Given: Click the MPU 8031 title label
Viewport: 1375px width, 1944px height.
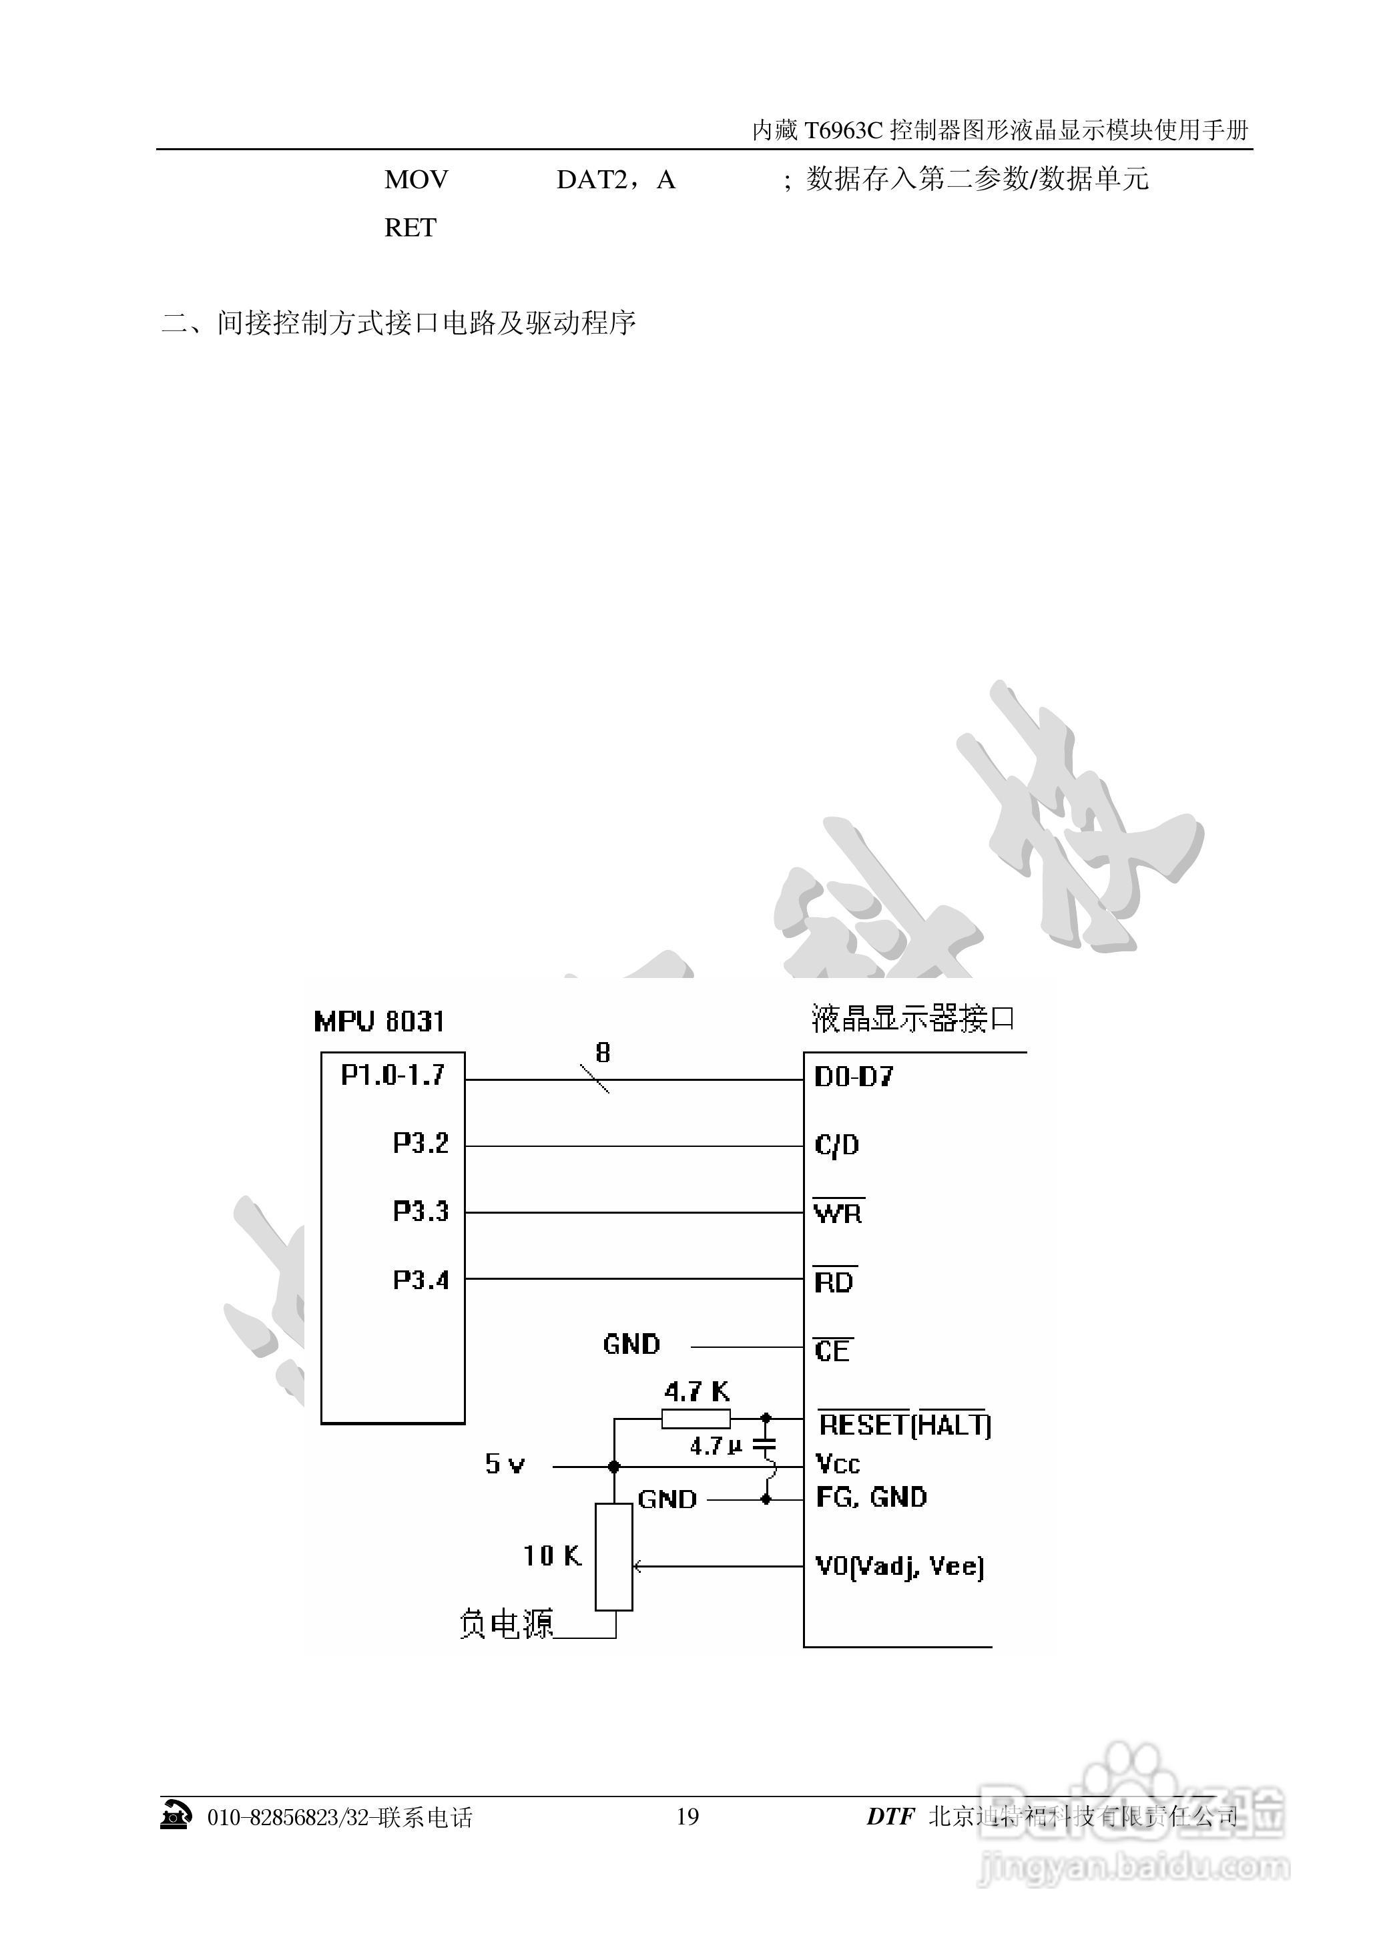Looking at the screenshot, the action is click(378, 1021).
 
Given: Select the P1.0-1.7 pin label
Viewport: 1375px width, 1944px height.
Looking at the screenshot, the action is click(392, 1075).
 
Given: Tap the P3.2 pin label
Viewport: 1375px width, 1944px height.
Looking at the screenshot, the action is click(420, 1143).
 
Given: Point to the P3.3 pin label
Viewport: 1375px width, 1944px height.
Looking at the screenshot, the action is click(420, 1212).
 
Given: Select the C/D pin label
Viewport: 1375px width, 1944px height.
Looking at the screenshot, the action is click(836, 1146).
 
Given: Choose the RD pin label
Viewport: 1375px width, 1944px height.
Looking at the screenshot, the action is click(834, 1282).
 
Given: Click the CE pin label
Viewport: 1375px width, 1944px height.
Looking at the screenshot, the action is click(832, 1351).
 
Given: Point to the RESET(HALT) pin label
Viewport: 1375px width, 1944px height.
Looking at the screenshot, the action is click(904, 1425).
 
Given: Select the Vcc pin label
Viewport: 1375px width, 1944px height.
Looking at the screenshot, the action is click(838, 1464).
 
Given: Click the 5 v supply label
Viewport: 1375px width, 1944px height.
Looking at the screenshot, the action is click(505, 1464).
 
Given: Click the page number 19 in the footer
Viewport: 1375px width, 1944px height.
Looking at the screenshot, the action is click(687, 1817).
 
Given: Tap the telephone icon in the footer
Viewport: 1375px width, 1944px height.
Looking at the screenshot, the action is click(176, 1816).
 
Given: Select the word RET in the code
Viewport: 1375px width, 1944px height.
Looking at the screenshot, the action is click(410, 228).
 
